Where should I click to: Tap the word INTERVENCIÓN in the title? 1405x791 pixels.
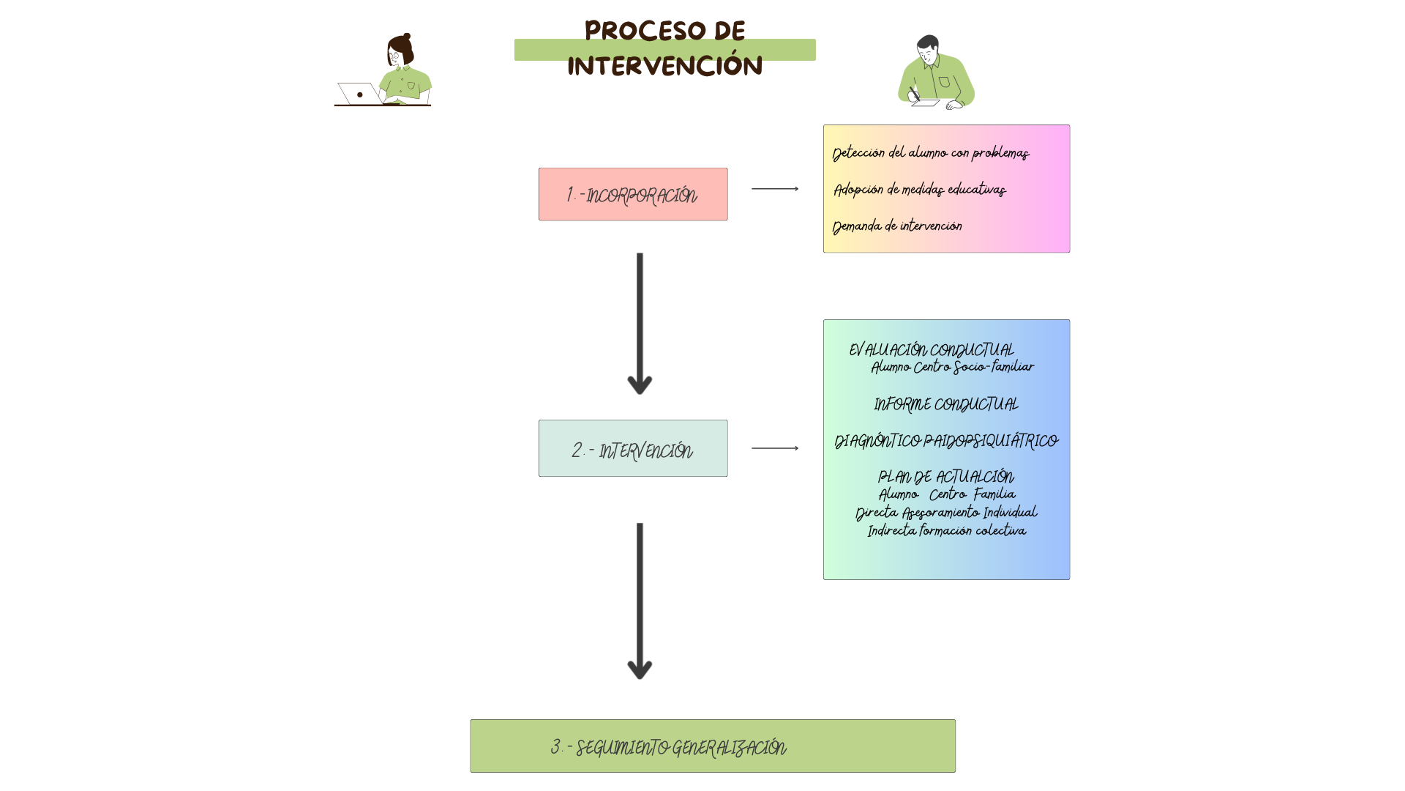664,66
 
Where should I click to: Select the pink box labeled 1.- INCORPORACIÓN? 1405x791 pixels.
633,194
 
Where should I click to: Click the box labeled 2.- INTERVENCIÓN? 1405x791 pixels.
633,448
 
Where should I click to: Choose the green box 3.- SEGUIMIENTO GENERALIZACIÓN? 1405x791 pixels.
712,746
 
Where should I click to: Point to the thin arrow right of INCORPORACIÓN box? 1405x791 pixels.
774,189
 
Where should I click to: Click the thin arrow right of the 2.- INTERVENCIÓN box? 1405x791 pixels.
774,448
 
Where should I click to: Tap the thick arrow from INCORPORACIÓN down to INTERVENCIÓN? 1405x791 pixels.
640,322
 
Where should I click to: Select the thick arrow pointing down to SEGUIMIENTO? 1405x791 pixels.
640,601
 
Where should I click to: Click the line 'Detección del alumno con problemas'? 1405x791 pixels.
930,153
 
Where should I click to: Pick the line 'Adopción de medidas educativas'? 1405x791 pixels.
920,190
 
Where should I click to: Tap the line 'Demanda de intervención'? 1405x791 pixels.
897,226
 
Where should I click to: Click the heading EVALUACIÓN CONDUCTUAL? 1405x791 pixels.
931,350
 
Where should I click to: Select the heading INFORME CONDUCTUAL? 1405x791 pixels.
945,404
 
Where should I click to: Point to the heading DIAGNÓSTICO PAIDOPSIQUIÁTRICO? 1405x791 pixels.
945,441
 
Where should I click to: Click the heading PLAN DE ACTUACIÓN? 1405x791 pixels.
945,478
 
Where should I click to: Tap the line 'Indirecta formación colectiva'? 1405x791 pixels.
946,530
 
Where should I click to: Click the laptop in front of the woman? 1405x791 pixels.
359,94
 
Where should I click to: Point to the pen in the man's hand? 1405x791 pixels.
914,94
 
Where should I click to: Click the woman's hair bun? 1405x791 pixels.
407,36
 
